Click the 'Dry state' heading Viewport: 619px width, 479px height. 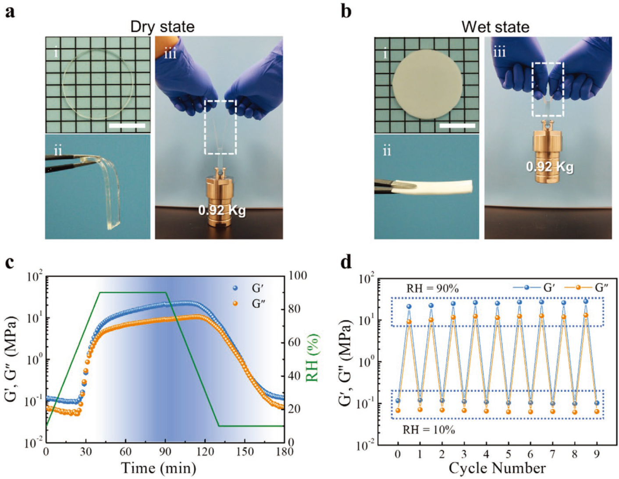(162, 27)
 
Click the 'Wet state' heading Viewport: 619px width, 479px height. (495, 27)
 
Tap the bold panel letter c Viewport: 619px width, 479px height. (10, 263)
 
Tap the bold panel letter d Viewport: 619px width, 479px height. (346, 263)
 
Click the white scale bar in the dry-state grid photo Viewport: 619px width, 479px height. (127, 126)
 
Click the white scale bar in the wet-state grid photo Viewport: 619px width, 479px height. (457, 126)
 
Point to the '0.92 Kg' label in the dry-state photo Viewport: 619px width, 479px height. (221, 210)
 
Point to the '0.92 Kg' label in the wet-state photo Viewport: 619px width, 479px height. (549, 167)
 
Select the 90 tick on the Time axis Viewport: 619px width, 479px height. (165, 451)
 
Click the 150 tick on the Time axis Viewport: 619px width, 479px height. (245, 451)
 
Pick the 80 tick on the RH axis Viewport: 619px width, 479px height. (297, 309)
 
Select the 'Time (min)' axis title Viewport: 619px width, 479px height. (158, 468)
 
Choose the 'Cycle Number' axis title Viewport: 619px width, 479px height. (497, 468)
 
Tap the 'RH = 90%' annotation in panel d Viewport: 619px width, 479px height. (432, 288)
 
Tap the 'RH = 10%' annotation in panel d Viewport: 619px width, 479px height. (429, 430)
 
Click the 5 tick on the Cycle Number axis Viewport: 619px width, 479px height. (508, 454)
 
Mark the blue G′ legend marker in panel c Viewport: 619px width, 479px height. (235, 288)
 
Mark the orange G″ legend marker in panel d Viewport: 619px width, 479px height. (578, 287)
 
